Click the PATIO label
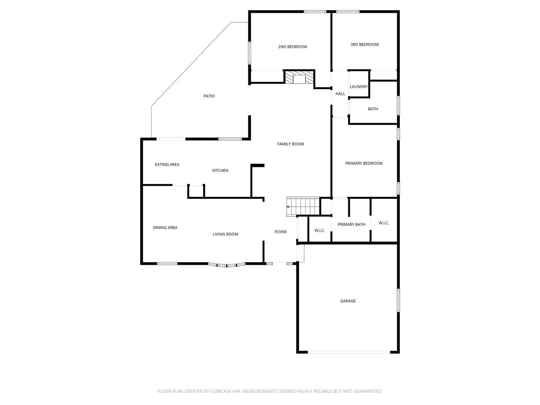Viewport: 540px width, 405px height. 209,96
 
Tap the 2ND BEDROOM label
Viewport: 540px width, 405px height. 292,47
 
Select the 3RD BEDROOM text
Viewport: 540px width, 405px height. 364,45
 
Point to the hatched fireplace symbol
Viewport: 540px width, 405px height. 299,77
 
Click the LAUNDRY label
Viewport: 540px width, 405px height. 359,87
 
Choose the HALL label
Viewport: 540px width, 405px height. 340,94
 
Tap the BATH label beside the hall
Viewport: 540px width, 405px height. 373,109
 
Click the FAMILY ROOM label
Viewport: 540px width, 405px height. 291,144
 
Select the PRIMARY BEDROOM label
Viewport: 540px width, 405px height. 364,163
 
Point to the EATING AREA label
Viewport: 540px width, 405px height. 167,165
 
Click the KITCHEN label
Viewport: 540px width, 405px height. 220,170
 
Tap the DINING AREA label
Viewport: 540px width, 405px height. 165,228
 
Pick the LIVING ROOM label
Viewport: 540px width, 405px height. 225,234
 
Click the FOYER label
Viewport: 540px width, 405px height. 280,232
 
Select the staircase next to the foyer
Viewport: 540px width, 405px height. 303,207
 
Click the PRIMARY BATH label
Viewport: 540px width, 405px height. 351,225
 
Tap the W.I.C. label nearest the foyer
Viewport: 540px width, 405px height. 319,231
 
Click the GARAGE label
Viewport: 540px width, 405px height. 348,301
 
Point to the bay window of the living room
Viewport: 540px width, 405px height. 227,265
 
